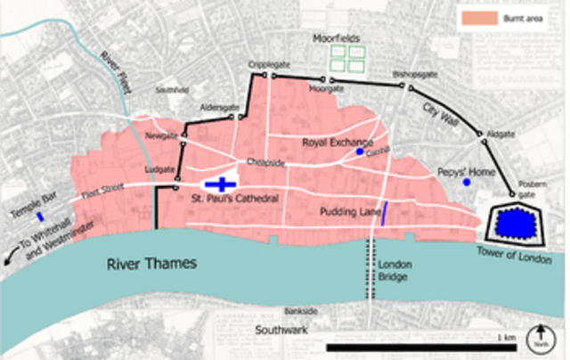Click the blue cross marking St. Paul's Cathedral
tap(220, 184)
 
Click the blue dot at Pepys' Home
tap(467, 182)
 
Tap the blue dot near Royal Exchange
tap(359, 152)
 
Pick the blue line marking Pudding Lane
tap(386, 211)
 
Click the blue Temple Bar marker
tap(40, 216)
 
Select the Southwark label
tap(282, 329)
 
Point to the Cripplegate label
tap(269, 65)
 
